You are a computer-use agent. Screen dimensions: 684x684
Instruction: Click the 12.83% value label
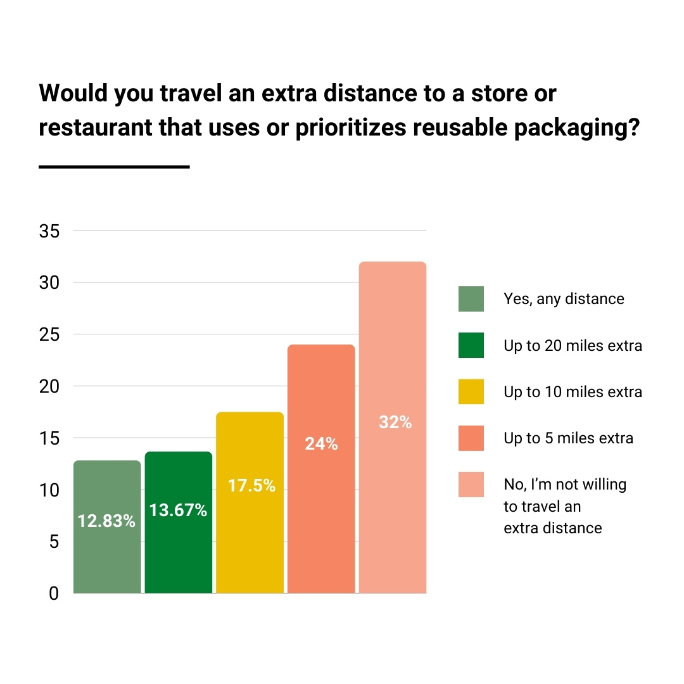pos(106,521)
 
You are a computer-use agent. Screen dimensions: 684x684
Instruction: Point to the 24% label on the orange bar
pos(321,444)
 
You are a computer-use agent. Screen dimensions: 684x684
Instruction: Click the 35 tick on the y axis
pos(49,231)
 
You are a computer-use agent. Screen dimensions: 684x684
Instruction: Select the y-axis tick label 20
pos(49,386)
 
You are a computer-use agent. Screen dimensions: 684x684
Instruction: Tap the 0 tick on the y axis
pos(54,593)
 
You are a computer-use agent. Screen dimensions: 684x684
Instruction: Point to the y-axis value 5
pos(54,541)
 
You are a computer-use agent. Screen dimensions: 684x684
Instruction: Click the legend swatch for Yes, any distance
pos(471,299)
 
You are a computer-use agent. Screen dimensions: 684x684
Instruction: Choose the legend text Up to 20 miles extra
pos(573,346)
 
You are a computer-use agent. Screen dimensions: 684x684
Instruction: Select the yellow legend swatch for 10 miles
pos(471,392)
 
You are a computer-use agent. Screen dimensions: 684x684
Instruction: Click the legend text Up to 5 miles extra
pos(568,438)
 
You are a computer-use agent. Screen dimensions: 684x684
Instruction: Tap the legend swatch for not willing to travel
pos(471,484)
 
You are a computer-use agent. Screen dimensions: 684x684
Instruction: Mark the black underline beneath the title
pos(114,167)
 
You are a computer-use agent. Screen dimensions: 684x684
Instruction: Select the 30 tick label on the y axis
pos(49,282)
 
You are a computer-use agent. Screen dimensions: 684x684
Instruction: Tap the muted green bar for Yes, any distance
pos(106,557)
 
